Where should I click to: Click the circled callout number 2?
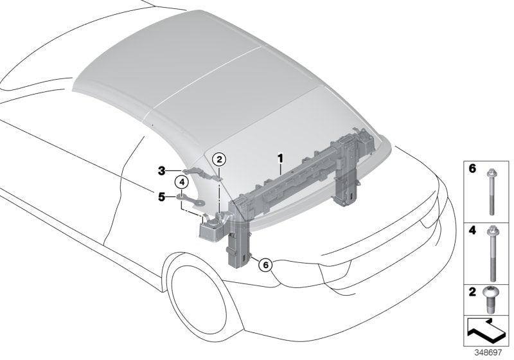[219, 159]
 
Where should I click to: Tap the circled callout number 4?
[182, 183]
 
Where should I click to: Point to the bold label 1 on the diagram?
[280, 157]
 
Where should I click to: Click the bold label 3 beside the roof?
[162, 170]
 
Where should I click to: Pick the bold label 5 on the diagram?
[162, 196]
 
